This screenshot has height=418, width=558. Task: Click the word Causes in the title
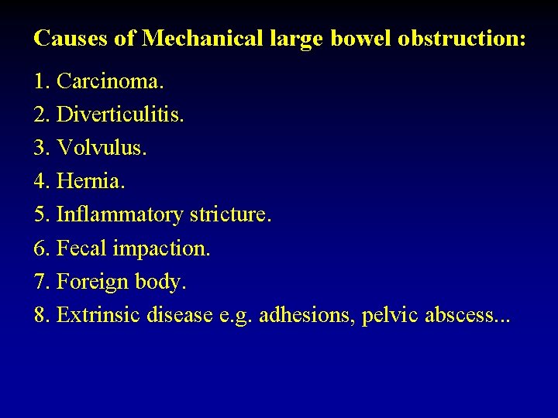71,38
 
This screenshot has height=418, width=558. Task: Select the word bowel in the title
360,38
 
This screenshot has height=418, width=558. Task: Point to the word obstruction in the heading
461,38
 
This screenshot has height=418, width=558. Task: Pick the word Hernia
91,182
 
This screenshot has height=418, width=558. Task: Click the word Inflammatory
120,215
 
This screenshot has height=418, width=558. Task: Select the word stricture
230,215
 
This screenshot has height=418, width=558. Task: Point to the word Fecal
81,249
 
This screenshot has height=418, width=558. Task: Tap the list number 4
41,182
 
